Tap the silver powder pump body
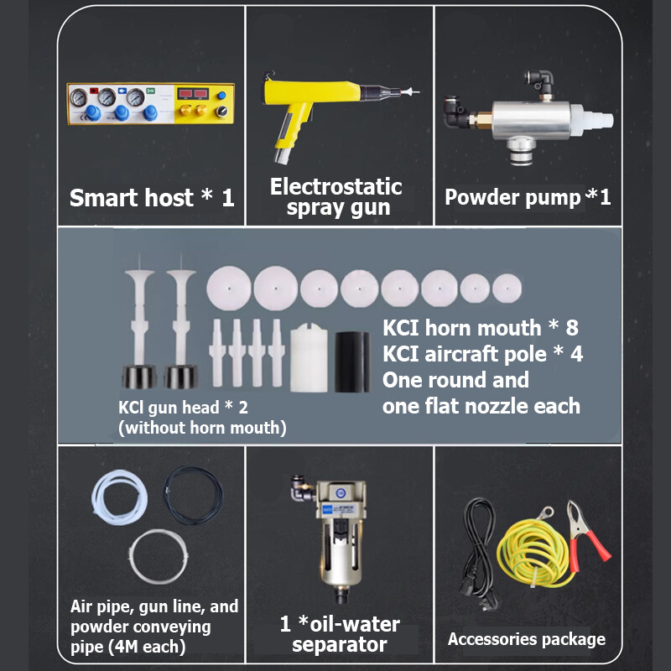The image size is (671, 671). click(531, 120)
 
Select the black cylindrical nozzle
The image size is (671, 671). click(352, 362)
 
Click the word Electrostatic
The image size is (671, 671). click(336, 186)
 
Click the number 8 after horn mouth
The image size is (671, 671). click(572, 328)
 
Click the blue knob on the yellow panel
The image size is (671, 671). click(221, 96)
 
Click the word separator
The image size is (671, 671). click(340, 644)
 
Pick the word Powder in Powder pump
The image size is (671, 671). click(481, 197)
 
